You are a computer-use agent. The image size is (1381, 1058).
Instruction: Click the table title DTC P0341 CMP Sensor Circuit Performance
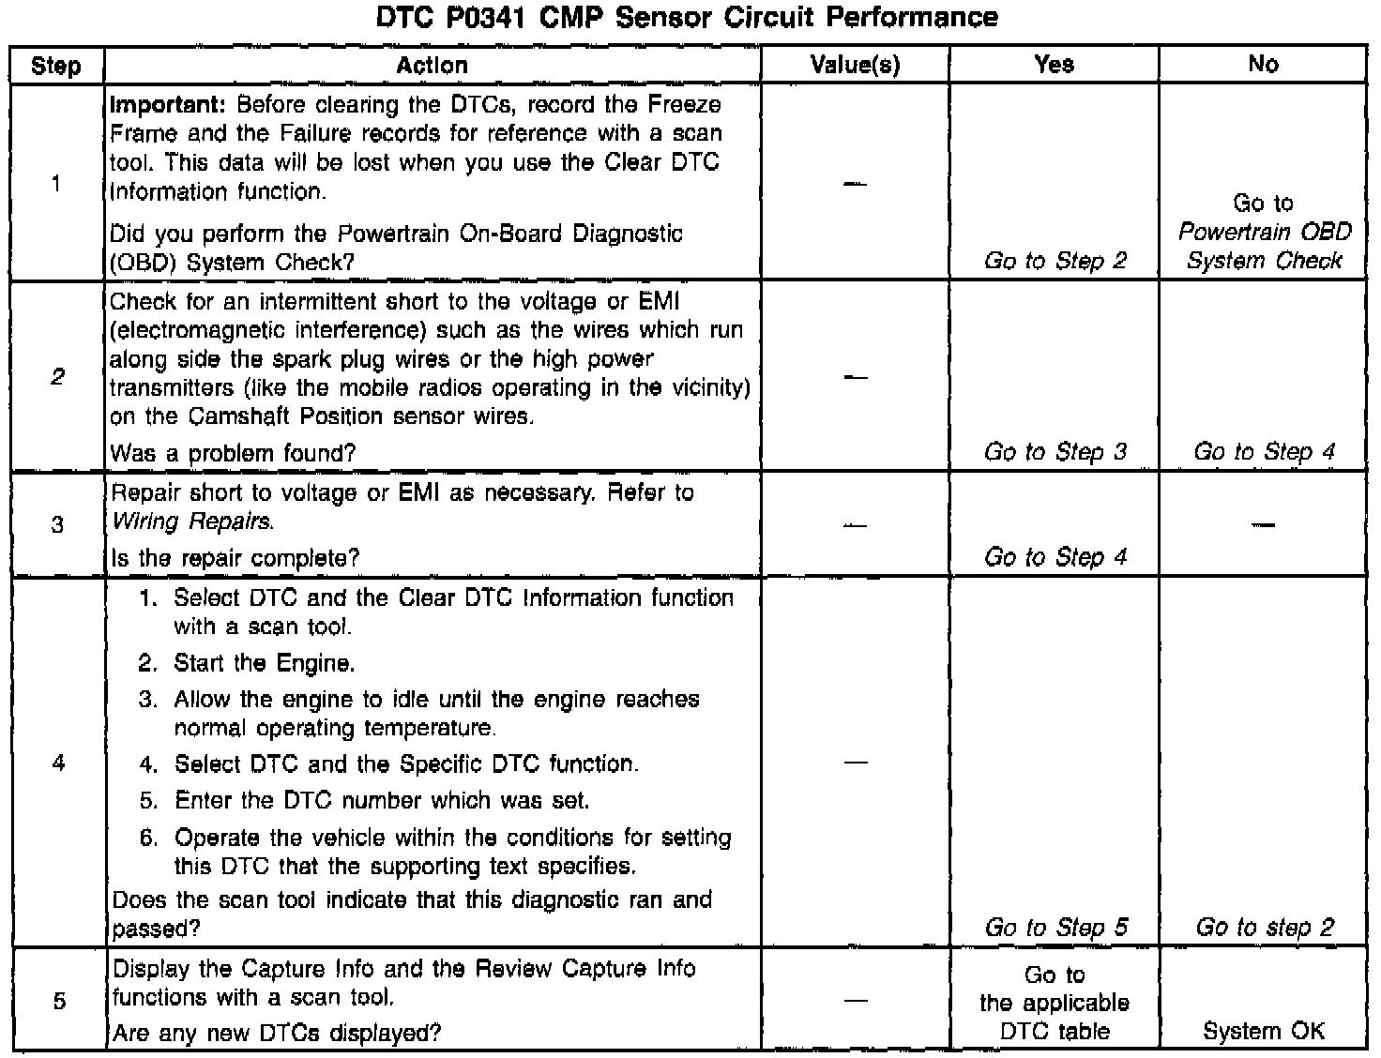pyautogui.click(x=687, y=17)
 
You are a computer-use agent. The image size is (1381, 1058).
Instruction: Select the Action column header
pyautogui.click(x=432, y=65)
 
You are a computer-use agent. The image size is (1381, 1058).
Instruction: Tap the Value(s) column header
pyautogui.click(x=855, y=65)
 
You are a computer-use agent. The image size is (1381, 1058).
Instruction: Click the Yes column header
pyautogui.click(x=1054, y=64)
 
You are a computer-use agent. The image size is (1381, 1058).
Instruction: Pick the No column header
pyautogui.click(x=1263, y=64)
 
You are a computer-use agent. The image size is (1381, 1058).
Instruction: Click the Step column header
pyautogui.click(x=56, y=66)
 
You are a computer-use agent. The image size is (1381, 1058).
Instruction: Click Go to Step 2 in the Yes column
pyautogui.click(x=1055, y=261)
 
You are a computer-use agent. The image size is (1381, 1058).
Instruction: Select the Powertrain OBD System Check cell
pyautogui.click(x=1264, y=232)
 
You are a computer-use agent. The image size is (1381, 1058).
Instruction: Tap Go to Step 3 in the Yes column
pyautogui.click(x=1055, y=452)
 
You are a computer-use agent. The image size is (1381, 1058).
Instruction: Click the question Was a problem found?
pyautogui.click(x=233, y=454)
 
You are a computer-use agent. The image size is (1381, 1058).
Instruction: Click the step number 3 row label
pyautogui.click(x=57, y=524)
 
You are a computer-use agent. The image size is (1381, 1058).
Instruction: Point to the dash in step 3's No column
pyautogui.click(x=1263, y=524)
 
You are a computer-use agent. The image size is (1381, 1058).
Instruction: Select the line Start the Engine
pyautogui.click(x=264, y=664)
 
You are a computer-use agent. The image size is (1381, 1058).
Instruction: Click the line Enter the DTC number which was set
pyautogui.click(x=382, y=801)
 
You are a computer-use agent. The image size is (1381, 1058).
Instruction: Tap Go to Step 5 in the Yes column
pyautogui.click(x=1055, y=928)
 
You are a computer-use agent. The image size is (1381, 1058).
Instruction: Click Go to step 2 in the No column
pyautogui.click(x=1264, y=928)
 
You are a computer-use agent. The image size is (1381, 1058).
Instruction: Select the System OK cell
pyautogui.click(x=1264, y=1032)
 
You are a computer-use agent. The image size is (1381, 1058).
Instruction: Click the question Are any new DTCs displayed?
pyautogui.click(x=276, y=1034)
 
